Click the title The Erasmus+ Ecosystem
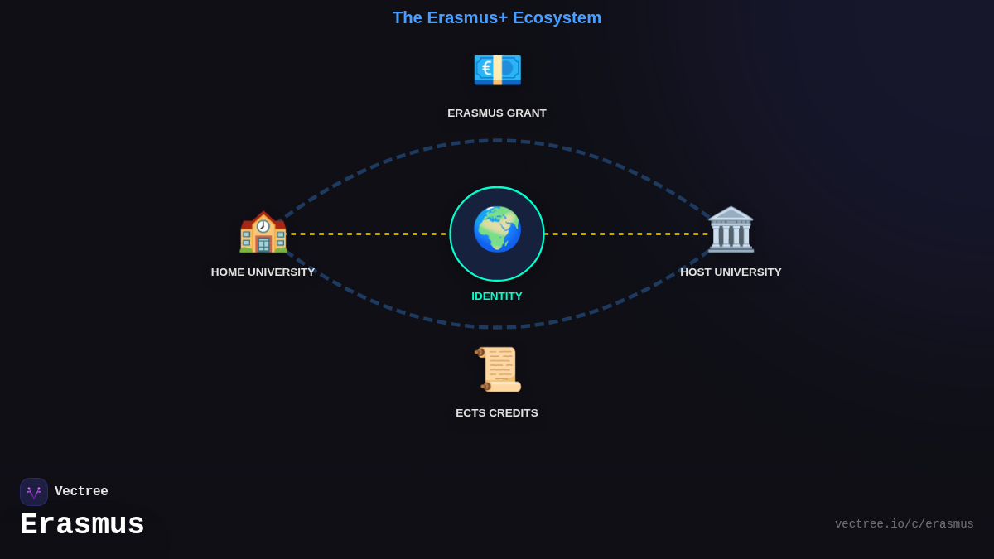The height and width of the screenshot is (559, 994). coord(497,17)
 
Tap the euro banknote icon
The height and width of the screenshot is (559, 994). coord(497,70)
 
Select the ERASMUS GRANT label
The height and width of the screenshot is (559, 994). coord(497,113)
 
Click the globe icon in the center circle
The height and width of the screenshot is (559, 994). coord(497,229)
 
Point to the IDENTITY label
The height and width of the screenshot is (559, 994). coord(497,296)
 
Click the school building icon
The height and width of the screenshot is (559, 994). coord(263,232)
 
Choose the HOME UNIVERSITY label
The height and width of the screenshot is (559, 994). coord(263,272)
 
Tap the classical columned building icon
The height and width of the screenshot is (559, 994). coord(731,229)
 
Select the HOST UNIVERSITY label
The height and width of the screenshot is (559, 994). coord(731,272)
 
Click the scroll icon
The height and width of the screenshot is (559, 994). coord(499,369)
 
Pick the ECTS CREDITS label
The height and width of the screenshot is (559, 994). coord(497,413)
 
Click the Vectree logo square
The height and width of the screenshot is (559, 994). coord(34,492)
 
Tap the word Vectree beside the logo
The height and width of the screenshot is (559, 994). coord(81,492)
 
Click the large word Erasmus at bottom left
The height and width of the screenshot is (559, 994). coord(82,525)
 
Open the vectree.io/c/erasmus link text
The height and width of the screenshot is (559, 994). coord(904,524)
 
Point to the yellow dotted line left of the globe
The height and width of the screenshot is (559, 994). coord(369,234)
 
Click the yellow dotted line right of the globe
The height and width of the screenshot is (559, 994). coord(625,234)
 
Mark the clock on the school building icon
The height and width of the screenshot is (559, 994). coord(263,225)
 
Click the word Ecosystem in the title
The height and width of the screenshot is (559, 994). coord(557,17)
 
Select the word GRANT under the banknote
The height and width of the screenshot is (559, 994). coord(525,113)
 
